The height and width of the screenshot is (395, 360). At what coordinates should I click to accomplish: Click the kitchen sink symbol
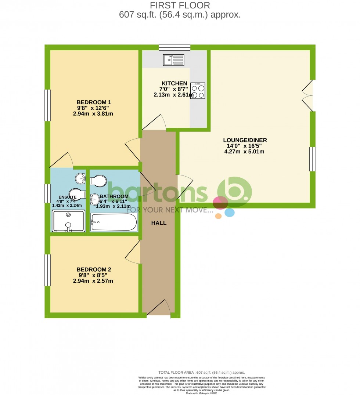click(x=174, y=59)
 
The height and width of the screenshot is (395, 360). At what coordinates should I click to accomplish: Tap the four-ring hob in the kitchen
click(x=198, y=91)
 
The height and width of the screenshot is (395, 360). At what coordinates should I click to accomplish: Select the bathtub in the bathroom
click(x=114, y=222)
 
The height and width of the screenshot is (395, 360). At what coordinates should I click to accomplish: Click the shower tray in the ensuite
click(x=68, y=221)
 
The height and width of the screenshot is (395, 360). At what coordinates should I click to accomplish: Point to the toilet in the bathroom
click(x=98, y=181)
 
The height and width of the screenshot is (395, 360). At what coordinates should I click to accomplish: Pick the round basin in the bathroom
click(x=95, y=199)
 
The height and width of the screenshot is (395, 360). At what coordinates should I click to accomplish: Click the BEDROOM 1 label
click(x=94, y=102)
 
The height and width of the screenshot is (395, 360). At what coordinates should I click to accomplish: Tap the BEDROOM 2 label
click(x=94, y=269)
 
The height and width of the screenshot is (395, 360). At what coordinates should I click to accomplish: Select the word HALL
click(x=159, y=223)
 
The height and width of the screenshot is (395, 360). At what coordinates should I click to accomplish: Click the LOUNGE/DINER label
click(x=245, y=140)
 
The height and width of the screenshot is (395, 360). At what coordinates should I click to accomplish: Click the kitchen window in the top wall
click(x=174, y=47)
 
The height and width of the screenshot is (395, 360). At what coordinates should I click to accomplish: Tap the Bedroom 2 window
click(x=47, y=270)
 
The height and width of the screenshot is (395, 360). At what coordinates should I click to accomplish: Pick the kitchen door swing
click(x=156, y=123)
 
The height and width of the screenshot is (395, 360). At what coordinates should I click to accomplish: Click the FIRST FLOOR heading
click(x=180, y=6)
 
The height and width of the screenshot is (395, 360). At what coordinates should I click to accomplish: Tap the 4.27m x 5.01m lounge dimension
click(x=245, y=151)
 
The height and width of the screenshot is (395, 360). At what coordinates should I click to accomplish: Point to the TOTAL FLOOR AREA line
click(x=201, y=373)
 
